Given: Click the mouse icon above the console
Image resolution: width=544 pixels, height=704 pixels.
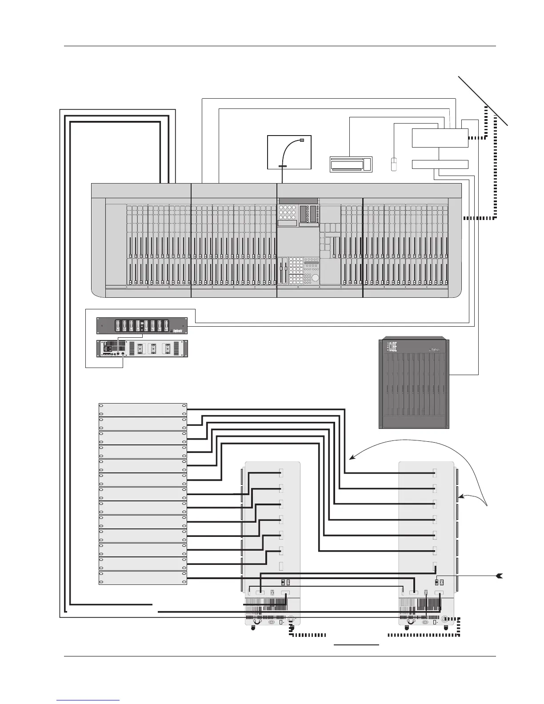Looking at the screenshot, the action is pyautogui.click(x=394, y=164).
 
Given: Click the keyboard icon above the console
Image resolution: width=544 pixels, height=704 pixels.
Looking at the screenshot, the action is pyautogui.click(x=351, y=164).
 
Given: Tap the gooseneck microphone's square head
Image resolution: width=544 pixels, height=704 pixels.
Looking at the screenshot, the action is pyautogui.click(x=302, y=140).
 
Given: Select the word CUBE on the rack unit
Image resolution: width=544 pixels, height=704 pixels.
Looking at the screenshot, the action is pyautogui.click(x=392, y=347).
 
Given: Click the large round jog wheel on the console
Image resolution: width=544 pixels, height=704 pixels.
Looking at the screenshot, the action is pyautogui.click(x=315, y=278).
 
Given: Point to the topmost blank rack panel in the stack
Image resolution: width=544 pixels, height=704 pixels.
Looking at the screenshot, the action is pyautogui.click(x=142, y=409).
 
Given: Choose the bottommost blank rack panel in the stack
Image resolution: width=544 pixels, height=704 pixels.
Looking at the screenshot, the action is pyautogui.click(x=142, y=578).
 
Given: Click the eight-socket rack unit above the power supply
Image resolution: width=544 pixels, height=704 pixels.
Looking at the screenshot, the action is pyautogui.click(x=142, y=326).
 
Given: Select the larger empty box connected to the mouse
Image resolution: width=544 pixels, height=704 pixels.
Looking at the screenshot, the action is pyautogui.click(x=440, y=138).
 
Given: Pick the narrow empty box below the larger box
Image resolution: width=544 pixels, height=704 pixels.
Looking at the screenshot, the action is pyautogui.click(x=440, y=164).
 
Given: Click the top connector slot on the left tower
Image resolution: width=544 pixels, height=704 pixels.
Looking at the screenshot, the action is pyautogui.click(x=281, y=473).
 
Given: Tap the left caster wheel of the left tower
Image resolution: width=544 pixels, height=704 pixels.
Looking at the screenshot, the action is pyautogui.click(x=253, y=628).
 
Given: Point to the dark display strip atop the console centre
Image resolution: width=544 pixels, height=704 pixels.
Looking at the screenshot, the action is pyautogui.click(x=298, y=201).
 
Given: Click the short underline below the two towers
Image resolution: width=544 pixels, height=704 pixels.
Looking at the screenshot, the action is pyautogui.click(x=356, y=644).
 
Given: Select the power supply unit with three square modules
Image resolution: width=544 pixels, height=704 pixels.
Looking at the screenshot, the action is pyautogui.click(x=142, y=348).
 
